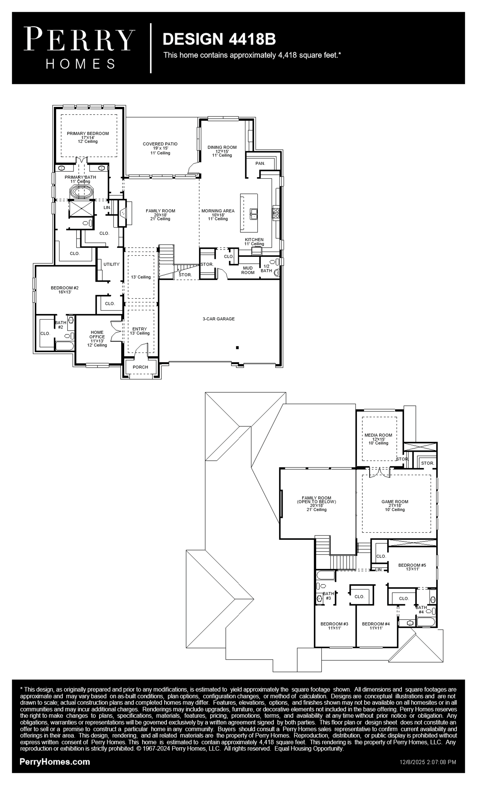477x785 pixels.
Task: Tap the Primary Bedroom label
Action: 88,134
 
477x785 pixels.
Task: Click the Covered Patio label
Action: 160,144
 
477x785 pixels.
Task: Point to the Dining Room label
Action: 222,147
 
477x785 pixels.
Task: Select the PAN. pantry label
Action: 260,163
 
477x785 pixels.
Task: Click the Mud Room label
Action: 248,270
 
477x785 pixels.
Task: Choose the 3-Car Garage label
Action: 219,319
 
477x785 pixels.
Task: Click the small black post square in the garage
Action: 237,348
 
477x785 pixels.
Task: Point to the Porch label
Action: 140,367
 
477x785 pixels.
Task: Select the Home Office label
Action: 97,335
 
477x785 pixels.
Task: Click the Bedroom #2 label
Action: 65,288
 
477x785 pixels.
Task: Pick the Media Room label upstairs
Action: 378,435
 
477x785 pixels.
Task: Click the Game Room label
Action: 395,502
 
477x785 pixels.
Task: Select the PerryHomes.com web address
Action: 55,762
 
